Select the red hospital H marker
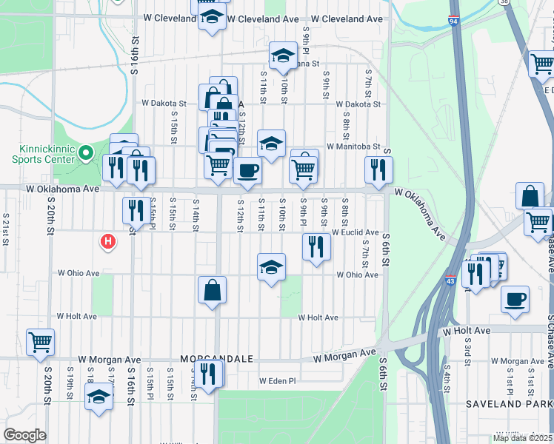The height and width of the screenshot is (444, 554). (108, 241)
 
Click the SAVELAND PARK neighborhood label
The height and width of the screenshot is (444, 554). (509, 404)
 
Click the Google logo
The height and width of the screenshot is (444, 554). (24, 435)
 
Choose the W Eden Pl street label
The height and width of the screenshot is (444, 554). (277, 381)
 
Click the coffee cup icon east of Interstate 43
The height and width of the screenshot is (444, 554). (515, 299)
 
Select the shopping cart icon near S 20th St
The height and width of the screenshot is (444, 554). (41, 343)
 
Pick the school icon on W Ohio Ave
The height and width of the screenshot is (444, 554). (272, 266)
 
